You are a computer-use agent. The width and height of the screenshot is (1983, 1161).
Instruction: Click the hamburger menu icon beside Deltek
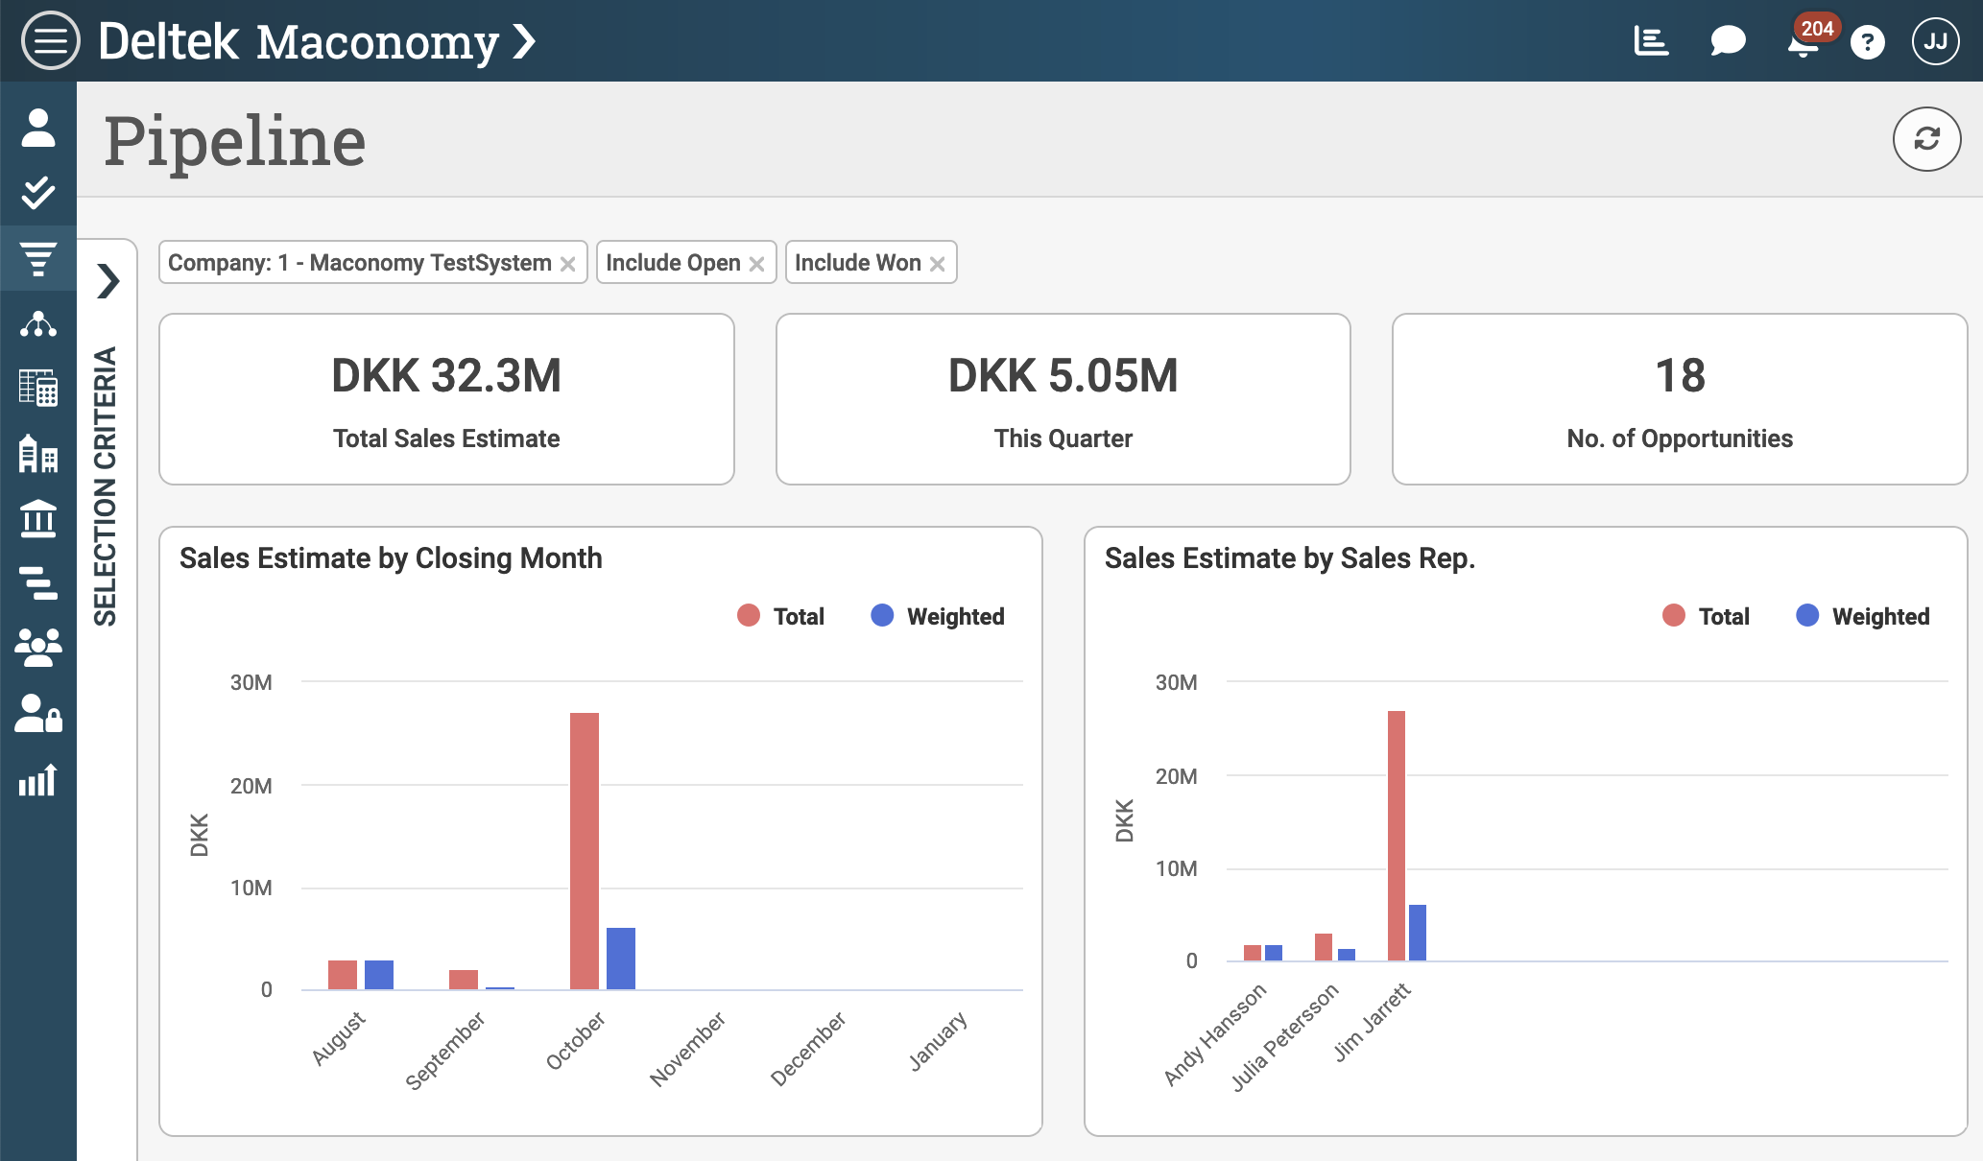click(50, 41)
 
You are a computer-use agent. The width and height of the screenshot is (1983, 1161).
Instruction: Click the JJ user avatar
click(1935, 41)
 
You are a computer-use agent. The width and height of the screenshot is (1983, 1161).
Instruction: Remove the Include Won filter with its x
click(938, 264)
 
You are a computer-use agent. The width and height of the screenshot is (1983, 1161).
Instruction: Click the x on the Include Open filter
click(756, 264)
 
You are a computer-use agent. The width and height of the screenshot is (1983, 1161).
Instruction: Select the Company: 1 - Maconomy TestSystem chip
click(360, 263)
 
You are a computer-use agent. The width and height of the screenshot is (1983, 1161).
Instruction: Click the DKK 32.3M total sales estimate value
click(446, 375)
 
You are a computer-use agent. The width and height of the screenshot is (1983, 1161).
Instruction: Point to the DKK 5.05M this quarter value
click(1063, 375)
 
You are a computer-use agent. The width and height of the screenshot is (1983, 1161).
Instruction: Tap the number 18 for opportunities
click(1680, 375)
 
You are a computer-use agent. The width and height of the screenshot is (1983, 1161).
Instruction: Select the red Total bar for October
click(584, 850)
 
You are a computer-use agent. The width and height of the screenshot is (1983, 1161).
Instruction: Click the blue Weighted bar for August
click(379, 974)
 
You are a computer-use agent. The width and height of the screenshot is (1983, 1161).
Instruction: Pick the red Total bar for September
click(463, 979)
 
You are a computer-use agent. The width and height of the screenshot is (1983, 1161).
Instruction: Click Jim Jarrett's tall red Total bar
click(1396, 835)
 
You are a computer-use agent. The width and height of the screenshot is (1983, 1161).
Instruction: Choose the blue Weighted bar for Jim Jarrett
click(1417, 932)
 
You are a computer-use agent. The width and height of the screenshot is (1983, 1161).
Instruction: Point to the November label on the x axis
click(687, 1049)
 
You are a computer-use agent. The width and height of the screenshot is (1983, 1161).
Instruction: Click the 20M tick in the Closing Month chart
click(251, 786)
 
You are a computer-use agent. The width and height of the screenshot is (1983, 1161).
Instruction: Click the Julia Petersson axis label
click(1284, 1037)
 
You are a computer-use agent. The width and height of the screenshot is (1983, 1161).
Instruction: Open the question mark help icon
click(1867, 42)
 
